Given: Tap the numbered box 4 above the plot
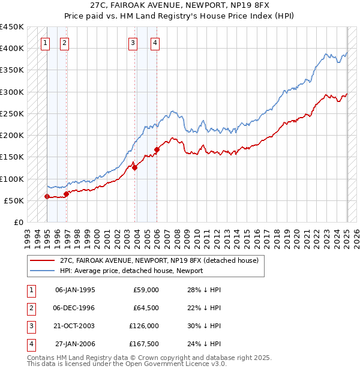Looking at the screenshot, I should [155, 43].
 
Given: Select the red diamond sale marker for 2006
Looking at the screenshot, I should [157, 149].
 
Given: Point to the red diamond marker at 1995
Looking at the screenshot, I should [47, 196].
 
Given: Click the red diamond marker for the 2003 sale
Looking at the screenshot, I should [134, 167].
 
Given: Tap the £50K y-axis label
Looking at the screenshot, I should [14, 200].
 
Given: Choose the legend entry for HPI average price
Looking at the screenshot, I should [131, 271].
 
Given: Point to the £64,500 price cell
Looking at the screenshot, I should [146, 308].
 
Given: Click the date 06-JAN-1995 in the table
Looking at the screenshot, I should [75, 290].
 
